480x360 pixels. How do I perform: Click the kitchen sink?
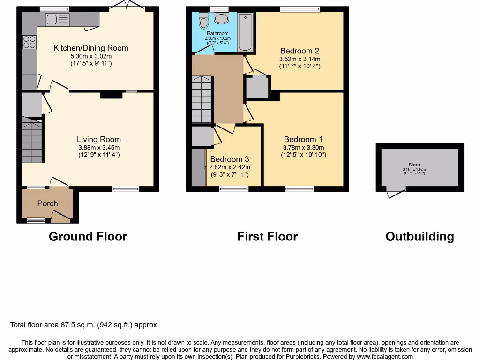(58, 19)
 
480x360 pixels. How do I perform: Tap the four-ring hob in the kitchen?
(30, 42)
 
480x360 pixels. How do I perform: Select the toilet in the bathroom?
(203, 21)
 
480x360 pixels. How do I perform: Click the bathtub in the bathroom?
(245, 32)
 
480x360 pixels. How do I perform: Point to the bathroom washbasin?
(220, 18)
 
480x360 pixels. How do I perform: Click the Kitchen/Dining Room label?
(91, 48)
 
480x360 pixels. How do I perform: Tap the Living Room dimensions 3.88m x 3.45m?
(99, 147)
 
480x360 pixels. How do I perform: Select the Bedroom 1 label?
(303, 139)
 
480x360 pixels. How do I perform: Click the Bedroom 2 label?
(300, 51)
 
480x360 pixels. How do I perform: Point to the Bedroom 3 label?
(230, 159)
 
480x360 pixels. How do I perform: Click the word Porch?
(47, 203)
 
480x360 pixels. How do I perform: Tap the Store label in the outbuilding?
(414, 165)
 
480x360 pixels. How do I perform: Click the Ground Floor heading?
(88, 236)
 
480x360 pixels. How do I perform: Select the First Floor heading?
(267, 236)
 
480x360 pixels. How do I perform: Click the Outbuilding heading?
(420, 236)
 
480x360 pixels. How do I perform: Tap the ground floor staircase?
(32, 141)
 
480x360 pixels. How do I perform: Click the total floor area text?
(83, 325)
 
